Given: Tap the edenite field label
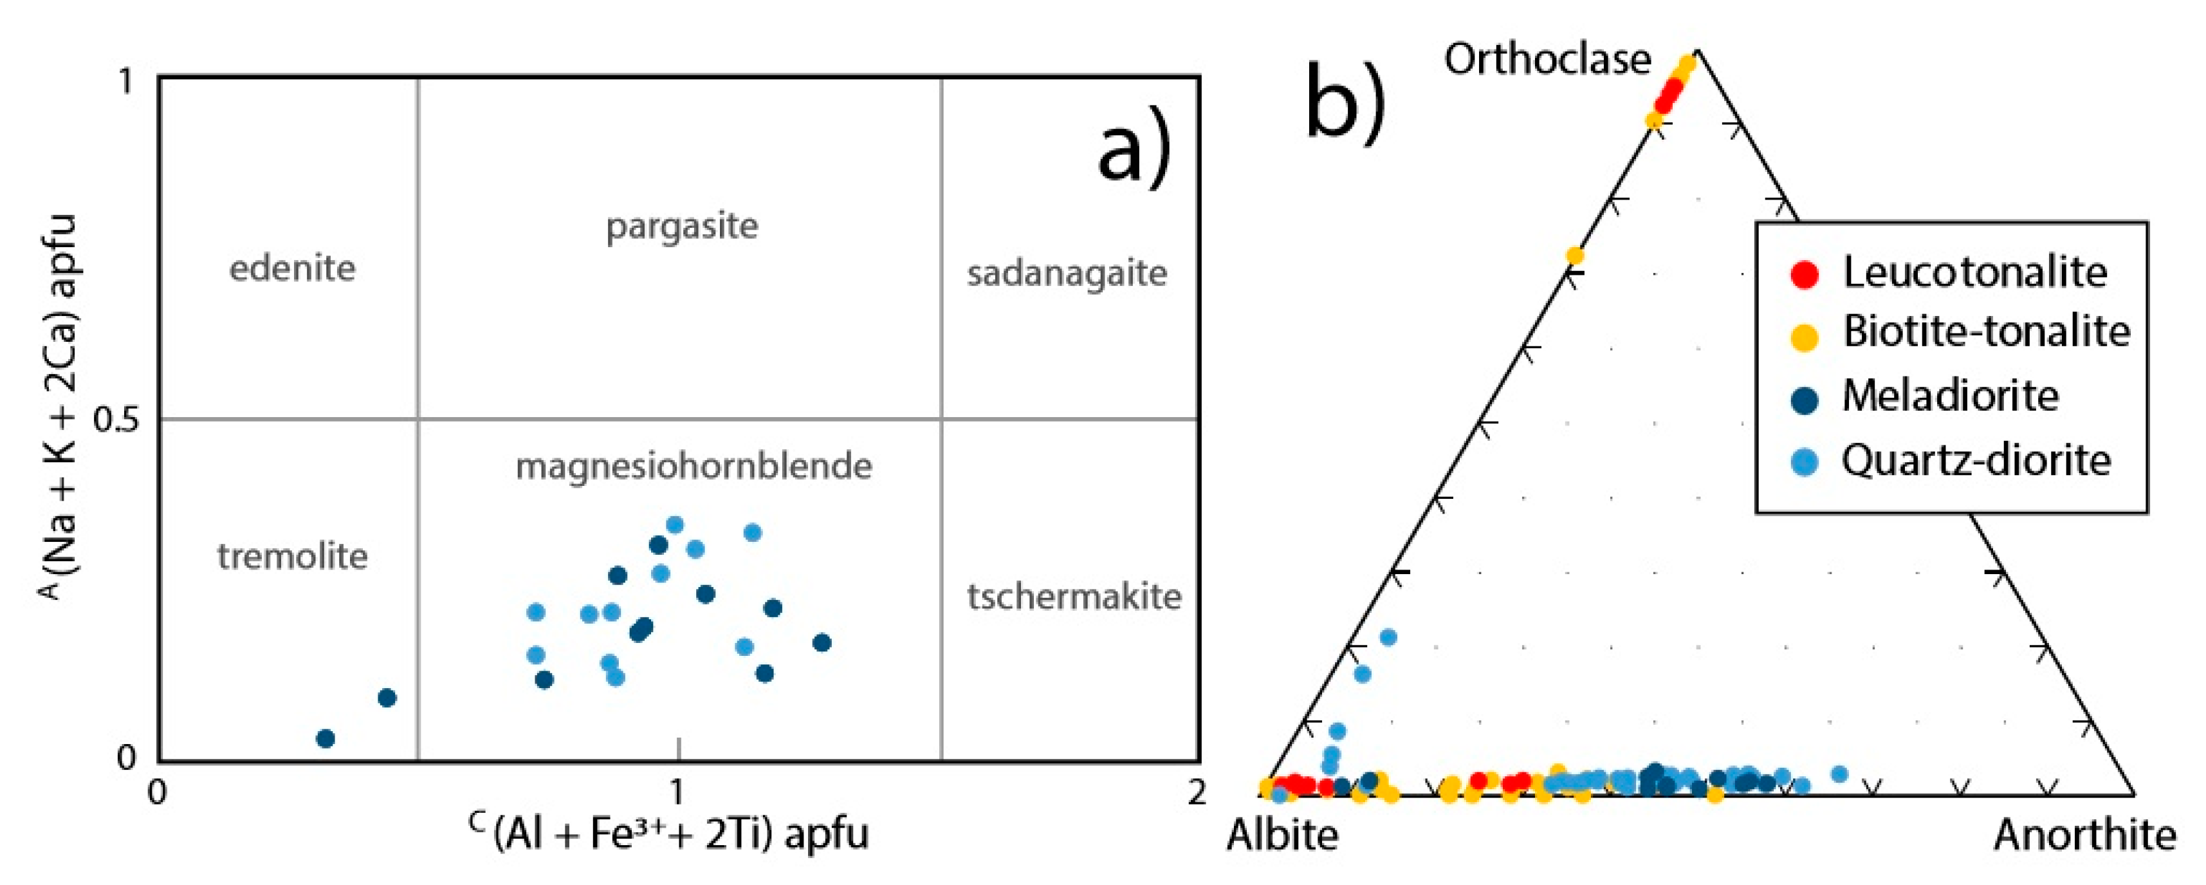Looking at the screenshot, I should [292, 269].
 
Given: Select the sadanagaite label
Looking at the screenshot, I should [1067, 274].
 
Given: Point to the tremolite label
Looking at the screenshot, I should [292, 557].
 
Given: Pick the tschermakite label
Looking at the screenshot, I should [1074, 596].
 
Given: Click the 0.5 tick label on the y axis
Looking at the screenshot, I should [116, 420].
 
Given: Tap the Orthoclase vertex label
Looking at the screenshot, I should [1547, 60].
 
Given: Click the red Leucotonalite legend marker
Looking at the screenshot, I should [1805, 274].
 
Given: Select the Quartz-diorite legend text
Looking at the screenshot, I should [1976, 461].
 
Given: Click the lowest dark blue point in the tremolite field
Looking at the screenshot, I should [326, 738].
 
